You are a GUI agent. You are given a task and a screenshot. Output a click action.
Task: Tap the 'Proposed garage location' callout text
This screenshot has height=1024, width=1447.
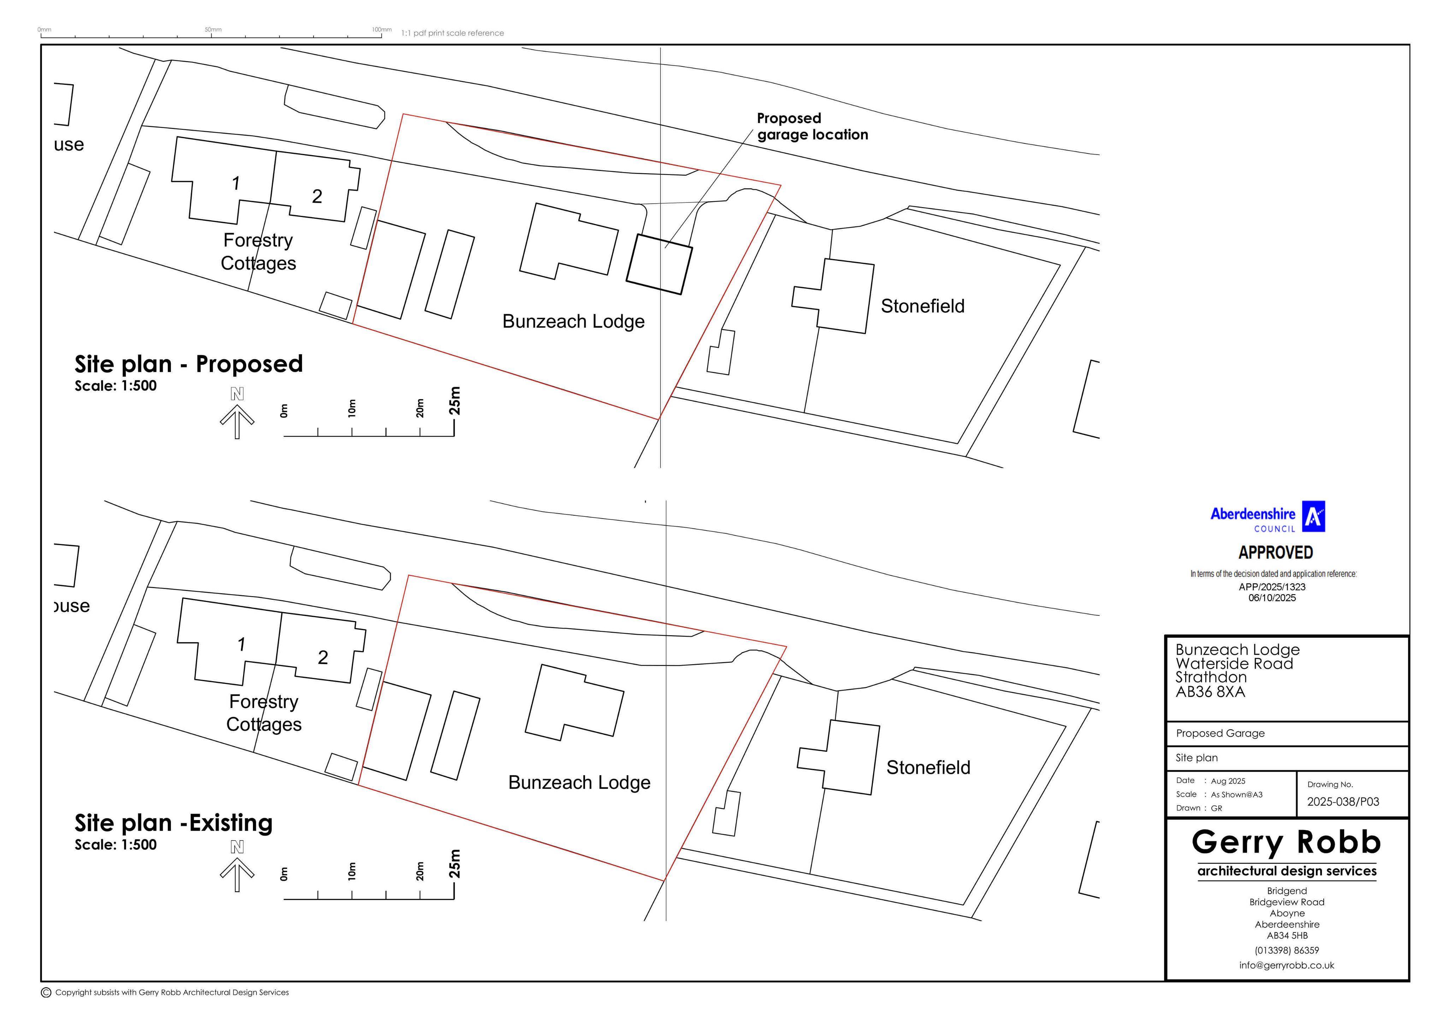click(813, 127)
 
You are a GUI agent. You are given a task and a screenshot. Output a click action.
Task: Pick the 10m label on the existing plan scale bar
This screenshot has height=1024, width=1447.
click(352, 871)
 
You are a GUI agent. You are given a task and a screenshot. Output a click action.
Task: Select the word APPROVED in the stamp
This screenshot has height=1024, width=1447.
click(1276, 553)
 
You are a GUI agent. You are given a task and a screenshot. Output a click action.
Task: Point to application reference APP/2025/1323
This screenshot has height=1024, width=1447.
click(1272, 587)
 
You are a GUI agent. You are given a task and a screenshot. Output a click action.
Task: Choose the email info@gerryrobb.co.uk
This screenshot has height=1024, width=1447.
click(1286, 965)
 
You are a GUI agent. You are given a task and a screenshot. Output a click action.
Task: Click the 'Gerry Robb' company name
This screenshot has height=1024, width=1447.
click(1286, 842)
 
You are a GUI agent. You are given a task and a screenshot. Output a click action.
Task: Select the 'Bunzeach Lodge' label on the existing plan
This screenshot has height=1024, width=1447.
click(579, 783)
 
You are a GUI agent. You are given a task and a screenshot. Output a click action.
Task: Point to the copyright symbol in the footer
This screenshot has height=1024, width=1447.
click(46, 993)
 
